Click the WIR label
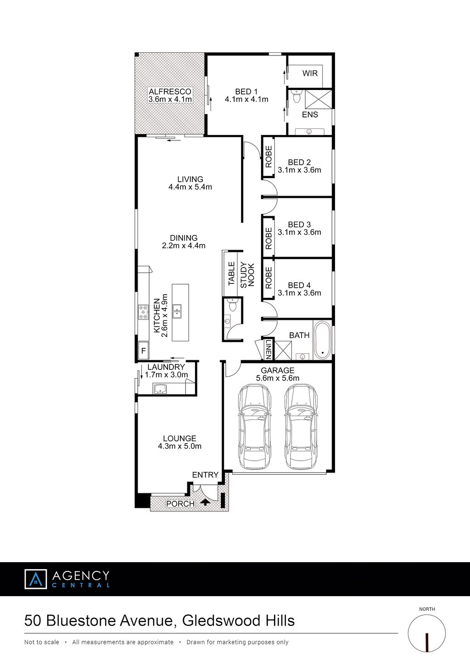(x=310, y=73)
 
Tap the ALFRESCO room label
(x=170, y=91)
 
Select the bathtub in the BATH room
(x=322, y=340)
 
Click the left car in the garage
(x=254, y=427)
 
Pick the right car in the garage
(x=301, y=427)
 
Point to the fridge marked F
(x=144, y=351)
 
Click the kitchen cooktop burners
(x=143, y=312)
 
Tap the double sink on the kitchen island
(x=177, y=311)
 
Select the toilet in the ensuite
(x=297, y=96)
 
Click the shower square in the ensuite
(x=319, y=99)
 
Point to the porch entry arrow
(x=205, y=502)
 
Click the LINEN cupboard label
(x=268, y=349)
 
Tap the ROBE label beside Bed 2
(x=269, y=157)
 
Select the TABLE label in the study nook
(x=232, y=274)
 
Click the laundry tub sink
(x=160, y=388)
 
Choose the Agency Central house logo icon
(x=36, y=579)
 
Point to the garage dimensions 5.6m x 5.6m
(x=278, y=378)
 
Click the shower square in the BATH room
(x=283, y=350)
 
